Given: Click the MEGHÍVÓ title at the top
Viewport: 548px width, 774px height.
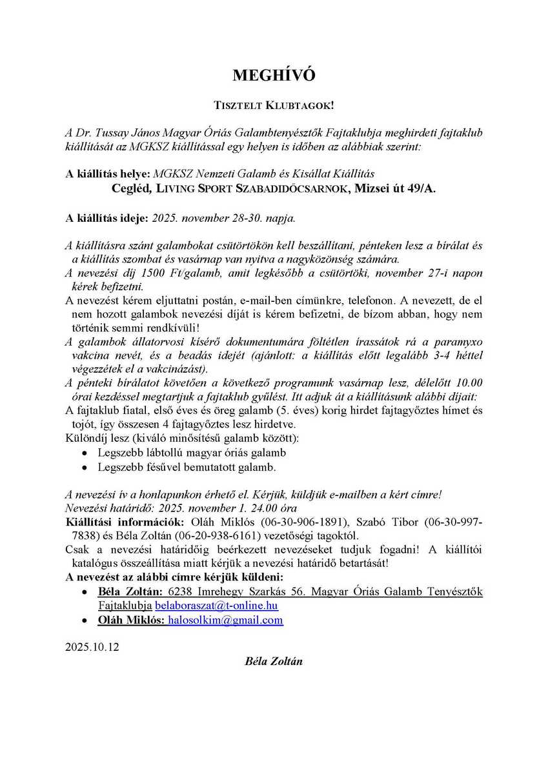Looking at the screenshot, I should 274,76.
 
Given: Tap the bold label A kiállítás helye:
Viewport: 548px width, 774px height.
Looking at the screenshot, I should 107,174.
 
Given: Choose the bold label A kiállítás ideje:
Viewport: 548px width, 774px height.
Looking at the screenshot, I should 107,218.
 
